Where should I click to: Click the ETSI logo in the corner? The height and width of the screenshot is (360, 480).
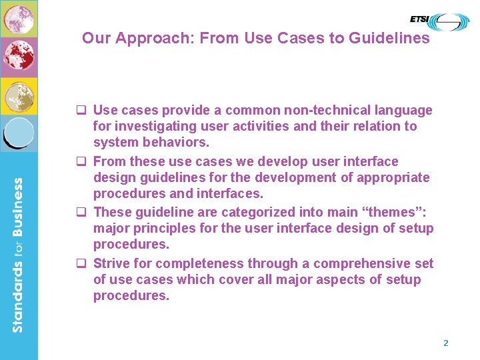tap(439, 21)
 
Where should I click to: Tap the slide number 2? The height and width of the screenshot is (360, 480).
tap(446, 343)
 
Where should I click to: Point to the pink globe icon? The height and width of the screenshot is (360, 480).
tap(18, 18)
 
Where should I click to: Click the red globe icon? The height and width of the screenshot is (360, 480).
tap(18, 56)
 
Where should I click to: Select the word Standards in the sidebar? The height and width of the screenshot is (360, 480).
tap(18, 294)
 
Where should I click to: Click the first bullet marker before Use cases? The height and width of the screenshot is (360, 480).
tap(85, 111)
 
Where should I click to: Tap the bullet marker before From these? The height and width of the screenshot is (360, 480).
tap(85, 162)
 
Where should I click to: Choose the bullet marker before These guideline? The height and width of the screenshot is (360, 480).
tap(85, 213)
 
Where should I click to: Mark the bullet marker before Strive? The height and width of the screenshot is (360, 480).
tap(85, 264)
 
